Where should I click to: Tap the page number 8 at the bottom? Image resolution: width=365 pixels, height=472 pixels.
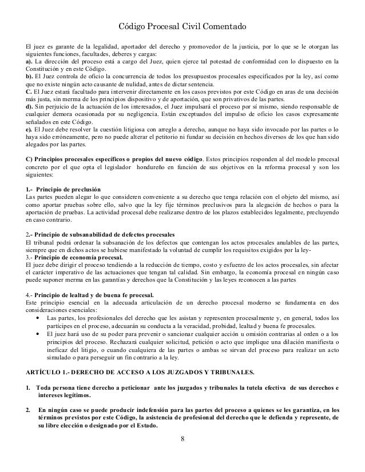(182, 439)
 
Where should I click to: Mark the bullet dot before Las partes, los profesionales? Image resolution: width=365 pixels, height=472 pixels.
(38, 317)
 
